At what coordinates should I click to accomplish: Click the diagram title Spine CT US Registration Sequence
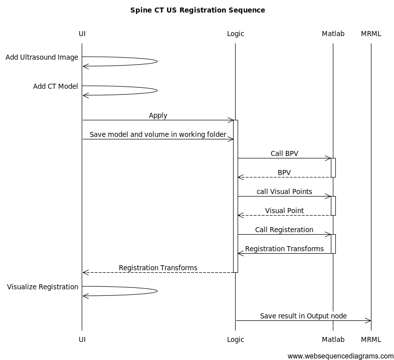tap(198, 10)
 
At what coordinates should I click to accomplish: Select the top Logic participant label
tap(235, 34)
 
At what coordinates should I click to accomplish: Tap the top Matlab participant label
tap(333, 34)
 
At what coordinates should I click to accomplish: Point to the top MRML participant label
tap(371, 34)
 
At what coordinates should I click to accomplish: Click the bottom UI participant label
tap(82, 339)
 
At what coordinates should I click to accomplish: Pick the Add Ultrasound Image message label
tap(42, 57)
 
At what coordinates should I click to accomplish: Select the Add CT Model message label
tap(55, 86)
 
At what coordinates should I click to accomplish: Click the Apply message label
tap(158, 115)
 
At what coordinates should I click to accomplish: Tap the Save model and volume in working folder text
tap(158, 134)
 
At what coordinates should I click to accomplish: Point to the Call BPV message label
tap(284, 153)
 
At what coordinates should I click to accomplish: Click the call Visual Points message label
tap(284, 192)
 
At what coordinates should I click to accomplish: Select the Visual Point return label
tap(284, 211)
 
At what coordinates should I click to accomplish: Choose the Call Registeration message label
tap(284, 230)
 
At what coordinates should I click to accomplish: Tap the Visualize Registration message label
tap(43, 287)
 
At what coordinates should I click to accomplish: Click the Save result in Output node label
tap(303, 316)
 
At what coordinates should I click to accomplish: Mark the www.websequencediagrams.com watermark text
tap(340, 356)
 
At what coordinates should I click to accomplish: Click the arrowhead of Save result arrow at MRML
tap(368, 320)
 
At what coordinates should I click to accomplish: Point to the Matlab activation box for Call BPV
tap(333, 167)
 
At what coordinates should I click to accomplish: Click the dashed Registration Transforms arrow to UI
tap(158, 272)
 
